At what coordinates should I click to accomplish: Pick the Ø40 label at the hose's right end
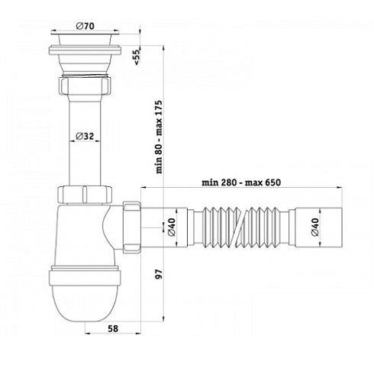315,227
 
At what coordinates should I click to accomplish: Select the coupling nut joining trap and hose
131,227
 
